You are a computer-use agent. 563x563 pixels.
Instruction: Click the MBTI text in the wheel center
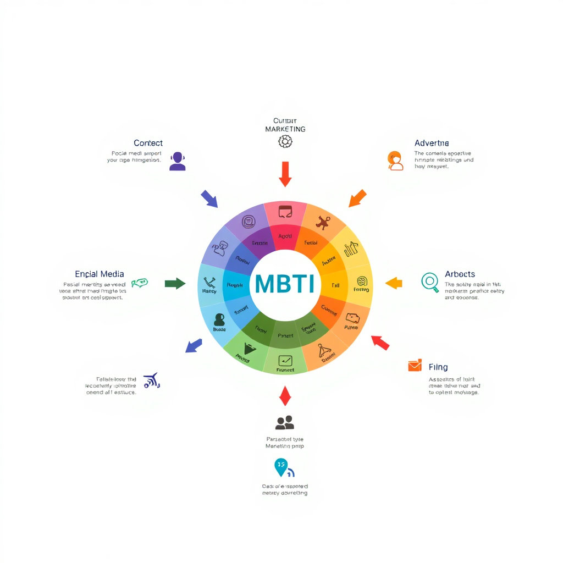pyautogui.click(x=284, y=284)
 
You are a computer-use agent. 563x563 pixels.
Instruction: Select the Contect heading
pyautogui.click(x=148, y=143)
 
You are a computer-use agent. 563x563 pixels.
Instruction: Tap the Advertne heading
pyautogui.click(x=432, y=143)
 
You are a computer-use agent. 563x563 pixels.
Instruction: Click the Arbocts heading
pyautogui.click(x=460, y=274)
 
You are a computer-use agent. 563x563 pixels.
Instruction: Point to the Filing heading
pyautogui.click(x=438, y=367)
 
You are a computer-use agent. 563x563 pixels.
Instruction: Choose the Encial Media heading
pyautogui.click(x=99, y=274)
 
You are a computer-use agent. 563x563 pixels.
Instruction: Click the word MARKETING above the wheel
pyautogui.click(x=285, y=129)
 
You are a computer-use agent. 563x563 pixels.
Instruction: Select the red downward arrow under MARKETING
pyautogui.click(x=285, y=174)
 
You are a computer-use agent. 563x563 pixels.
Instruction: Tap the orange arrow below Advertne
pyautogui.click(x=357, y=198)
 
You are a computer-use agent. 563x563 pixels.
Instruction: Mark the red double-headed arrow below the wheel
pyautogui.click(x=284, y=396)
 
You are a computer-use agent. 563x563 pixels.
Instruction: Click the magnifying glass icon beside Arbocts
pyautogui.click(x=430, y=281)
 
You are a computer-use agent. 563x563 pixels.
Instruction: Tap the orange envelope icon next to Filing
pyautogui.click(x=415, y=366)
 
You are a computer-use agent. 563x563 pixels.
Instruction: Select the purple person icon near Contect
pyautogui.click(x=177, y=161)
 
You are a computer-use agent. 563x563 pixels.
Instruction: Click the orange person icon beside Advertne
pyautogui.click(x=395, y=161)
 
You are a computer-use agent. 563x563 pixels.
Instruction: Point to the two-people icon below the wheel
pyautogui.click(x=284, y=422)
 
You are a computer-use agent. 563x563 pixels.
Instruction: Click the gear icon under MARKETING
pyautogui.click(x=285, y=142)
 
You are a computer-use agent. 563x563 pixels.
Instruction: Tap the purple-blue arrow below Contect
pyautogui.click(x=209, y=198)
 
